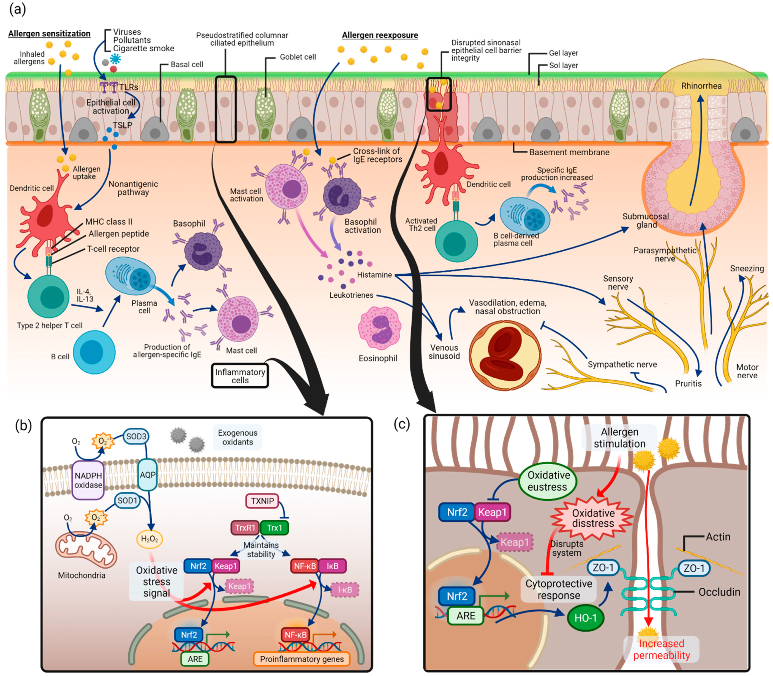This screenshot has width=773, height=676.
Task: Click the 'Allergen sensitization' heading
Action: point(49,33)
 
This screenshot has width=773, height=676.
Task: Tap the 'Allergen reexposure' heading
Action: point(380,35)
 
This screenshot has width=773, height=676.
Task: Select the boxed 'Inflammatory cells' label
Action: point(240,376)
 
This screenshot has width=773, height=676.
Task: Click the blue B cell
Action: point(94,352)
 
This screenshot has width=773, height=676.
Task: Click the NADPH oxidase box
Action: point(88,480)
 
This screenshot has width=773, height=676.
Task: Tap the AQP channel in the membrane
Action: point(147,475)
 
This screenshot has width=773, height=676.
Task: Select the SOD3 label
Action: point(136,437)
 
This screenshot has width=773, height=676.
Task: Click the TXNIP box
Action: point(262,501)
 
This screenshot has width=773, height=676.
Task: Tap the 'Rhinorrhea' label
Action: point(701,86)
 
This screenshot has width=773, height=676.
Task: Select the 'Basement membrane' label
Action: point(569,152)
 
